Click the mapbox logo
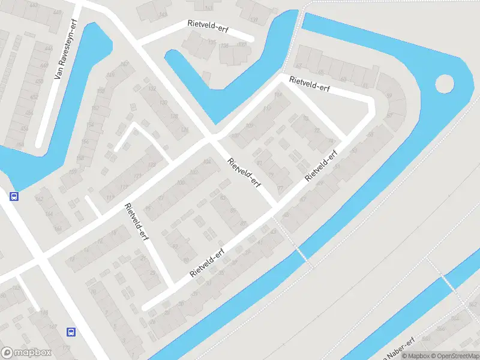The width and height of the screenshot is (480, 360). tap(26, 353)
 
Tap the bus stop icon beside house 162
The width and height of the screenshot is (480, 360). tap(14, 196)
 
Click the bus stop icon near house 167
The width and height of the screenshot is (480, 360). tap(71, 331)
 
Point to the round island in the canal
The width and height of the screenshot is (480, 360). tap(445, 83)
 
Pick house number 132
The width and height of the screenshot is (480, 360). tap(152, 88)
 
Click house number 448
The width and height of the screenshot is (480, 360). tap(110, 75)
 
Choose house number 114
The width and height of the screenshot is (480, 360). tap(278, 95)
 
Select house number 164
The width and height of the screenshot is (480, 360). tap(49, 214)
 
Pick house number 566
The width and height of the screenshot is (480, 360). tap(441, 328)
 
